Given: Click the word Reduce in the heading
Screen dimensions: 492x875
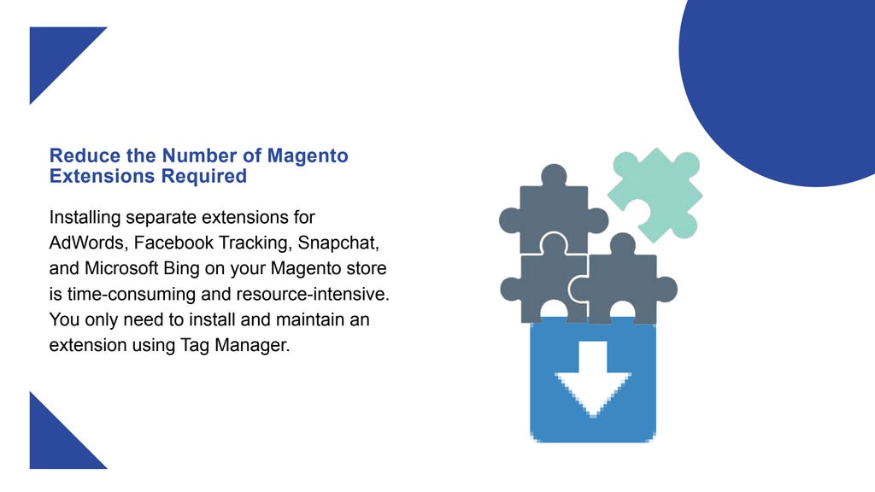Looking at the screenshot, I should point(79,156).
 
